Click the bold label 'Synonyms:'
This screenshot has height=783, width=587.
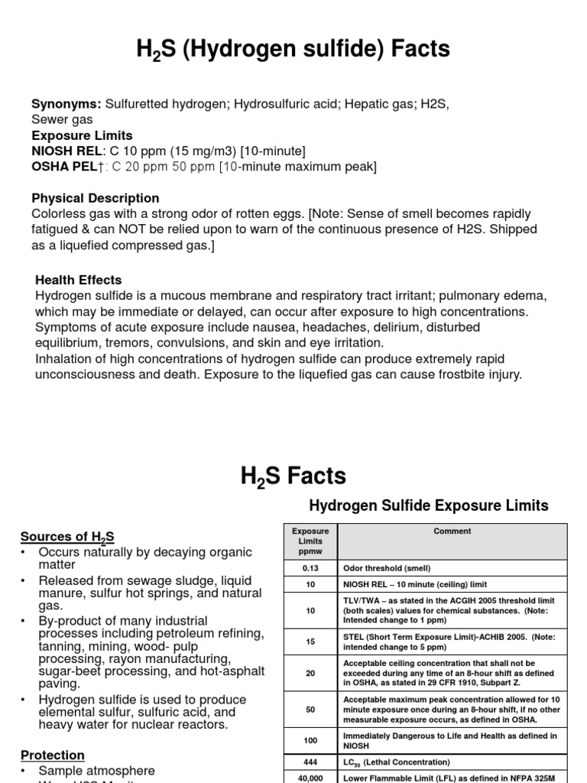click(66, 104)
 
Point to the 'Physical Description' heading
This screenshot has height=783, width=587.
click(96, 198)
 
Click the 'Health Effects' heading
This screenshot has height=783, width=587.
click(78, 280)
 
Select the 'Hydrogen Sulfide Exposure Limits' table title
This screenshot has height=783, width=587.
click(428, 505)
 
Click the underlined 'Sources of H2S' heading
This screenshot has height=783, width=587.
click(67, 536)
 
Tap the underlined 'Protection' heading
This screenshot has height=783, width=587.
click(53, 755)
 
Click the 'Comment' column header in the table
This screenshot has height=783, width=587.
click(452, 531)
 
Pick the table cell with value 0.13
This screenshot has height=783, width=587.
click(310, 568)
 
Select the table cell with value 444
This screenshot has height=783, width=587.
click(310, 762)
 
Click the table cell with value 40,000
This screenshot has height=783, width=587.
click(310, 777)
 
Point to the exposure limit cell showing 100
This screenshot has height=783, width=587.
click(310, 741)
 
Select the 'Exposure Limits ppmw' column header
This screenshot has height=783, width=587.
click(310, 541)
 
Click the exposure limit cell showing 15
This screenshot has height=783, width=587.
click(310, 642)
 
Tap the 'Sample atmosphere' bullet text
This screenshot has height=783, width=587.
click(96, 771)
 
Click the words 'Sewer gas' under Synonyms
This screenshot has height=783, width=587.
click(62, 119)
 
